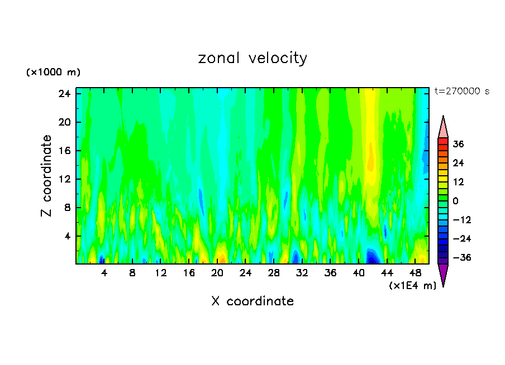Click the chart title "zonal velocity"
[x=252, y=58]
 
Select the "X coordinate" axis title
[x=252, y=301]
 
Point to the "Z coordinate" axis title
[x=47, y=176]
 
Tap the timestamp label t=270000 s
[x=461, y=92]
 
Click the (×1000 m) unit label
[x=53, y=73]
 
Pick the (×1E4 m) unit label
[x=412, y=286]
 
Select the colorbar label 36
[x=458, y=144]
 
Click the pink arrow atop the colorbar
[x=443, y=127]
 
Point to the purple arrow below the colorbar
[x=443, y=275]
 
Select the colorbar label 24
[x=458, y=163]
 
